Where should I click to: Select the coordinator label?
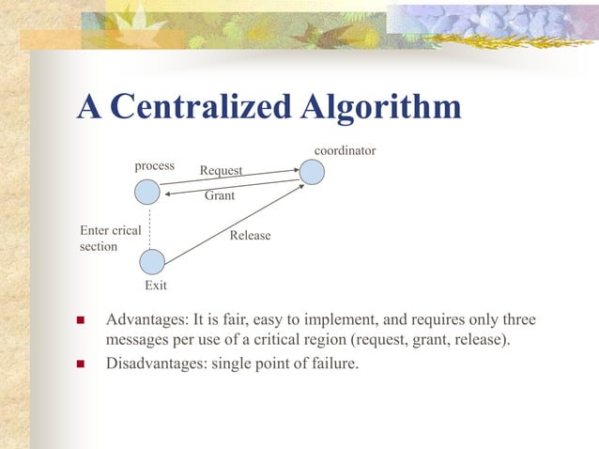click(x=345, y=150)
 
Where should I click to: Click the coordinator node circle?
click(x=312, y=172)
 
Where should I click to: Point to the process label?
click(x=154, y=165)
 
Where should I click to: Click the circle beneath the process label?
click(x=146, y=193)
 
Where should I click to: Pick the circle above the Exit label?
click(x=152, y=261)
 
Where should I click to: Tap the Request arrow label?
click(x=221, y=170)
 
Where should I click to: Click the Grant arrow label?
click(x=220, y=197)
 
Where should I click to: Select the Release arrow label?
click(x=250, y=235)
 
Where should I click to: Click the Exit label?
click(x=155, y=285)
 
